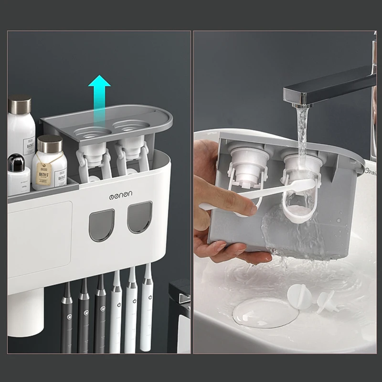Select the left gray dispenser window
[102, 225]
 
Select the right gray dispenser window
[139, 217]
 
